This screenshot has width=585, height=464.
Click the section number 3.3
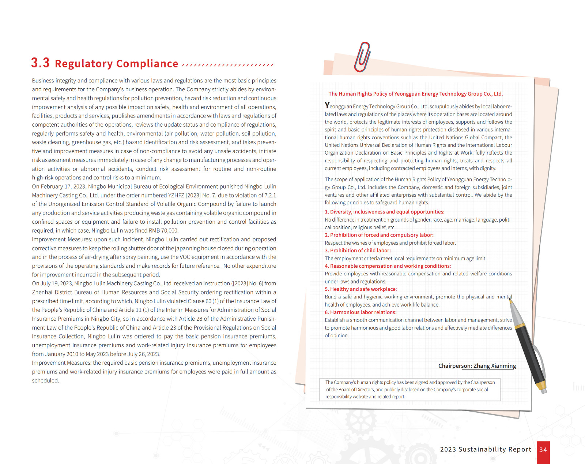pyautogui.click(x=40, y=63)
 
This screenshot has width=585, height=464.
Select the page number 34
pyautogui.click(x=543, y=450)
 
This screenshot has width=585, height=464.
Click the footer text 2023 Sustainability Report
pyautogui.click(x=486, y=449)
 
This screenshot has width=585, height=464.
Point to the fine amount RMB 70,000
pyautogui.click(x=163, y=231)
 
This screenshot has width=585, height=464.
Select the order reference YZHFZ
pyautogui.click(x=176, y=195)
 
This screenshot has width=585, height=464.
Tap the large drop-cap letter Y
pyautogui.click(x=327, y=105)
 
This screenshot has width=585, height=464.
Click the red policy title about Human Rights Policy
pyautogui.click(x=415, y=94)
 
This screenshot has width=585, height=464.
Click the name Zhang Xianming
pyautogui.click(x=495, y=366)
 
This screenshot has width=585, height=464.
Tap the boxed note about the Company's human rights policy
pyautogui.click(x=409, y=389)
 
